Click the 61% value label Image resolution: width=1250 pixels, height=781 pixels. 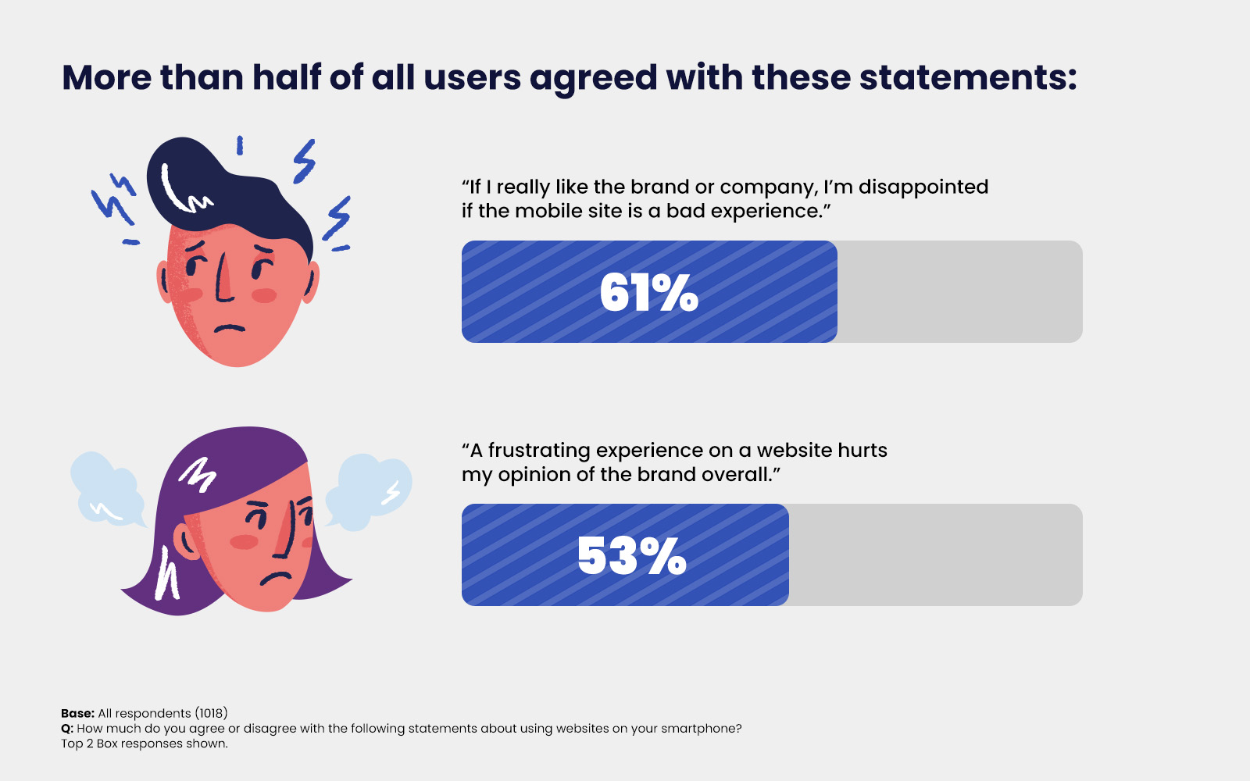(x=648, y=293)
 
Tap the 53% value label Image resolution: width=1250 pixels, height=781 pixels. (x=631, y=556)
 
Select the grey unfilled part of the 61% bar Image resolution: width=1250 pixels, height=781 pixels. (x=959, y=291)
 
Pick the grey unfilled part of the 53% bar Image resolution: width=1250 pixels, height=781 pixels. (x=935, y=555)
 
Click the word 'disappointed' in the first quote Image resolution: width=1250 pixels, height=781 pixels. (x=923, y=187)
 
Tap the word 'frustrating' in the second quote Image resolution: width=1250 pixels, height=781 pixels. (x=539, y=451)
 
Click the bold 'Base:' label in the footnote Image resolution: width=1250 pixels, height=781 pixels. (x=77, y=713)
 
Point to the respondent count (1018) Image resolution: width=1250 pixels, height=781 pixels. (x=212, y=713)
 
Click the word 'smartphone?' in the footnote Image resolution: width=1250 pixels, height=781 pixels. (x=702, y=729)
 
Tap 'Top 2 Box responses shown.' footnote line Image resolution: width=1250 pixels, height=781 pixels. (x=145, y=744)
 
